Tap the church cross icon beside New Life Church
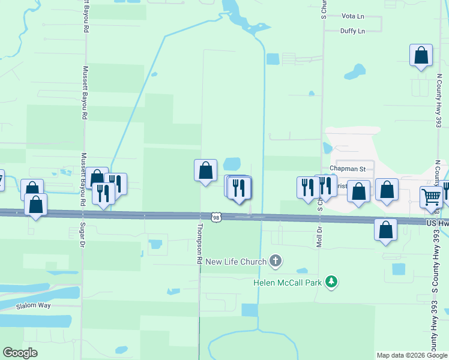(x=276, y=260)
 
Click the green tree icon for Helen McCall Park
(x=330, y=281)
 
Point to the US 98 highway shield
(x=217, y=216)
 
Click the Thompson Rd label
(x=198, y=244)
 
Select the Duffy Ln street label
(x=352, y=31)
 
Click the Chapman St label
(x=348, y=169)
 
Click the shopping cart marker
(x=431, y=196)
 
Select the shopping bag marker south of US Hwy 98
(x=385, y=229)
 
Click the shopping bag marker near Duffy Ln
(x=421, y=55)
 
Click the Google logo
(x=20, y=353)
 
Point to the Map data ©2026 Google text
(x=412, y=355)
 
